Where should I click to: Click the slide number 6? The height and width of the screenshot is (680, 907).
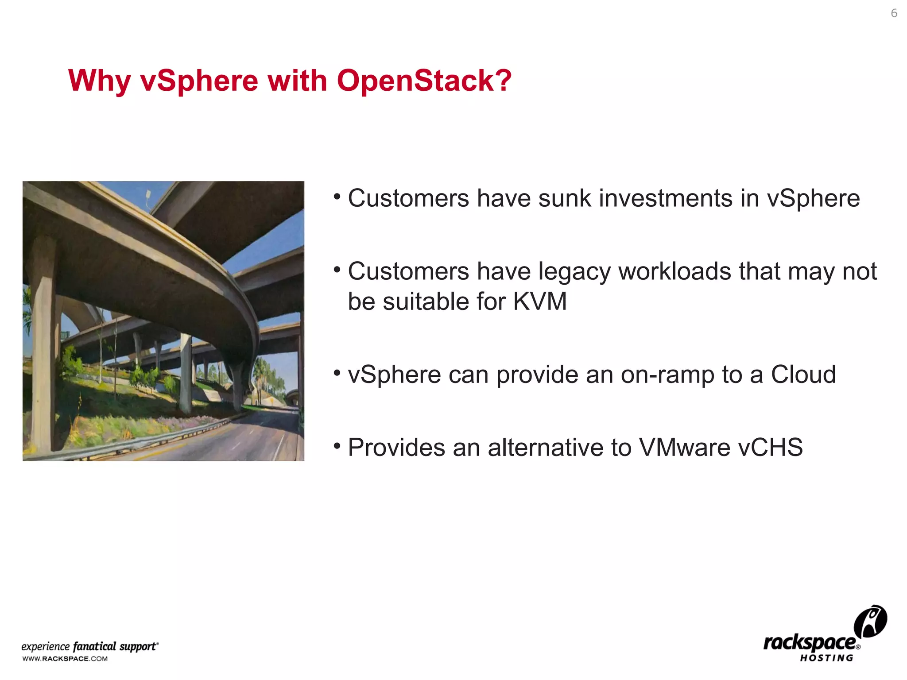coord(894,13)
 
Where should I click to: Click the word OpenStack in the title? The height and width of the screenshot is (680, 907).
coord(424,81)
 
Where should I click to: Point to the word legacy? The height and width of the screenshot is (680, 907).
coord(574,272)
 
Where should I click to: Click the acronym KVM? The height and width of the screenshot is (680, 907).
coord(540,301)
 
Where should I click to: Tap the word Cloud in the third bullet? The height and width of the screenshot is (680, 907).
coord(803,375)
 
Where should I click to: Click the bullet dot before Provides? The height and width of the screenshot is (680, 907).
coord(337,445)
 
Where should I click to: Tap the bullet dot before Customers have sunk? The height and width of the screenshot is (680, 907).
coord(337,196)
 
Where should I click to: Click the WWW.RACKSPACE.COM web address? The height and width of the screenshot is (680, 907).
coord(65,659)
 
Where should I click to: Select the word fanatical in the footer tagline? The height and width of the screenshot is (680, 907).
coord(94,646)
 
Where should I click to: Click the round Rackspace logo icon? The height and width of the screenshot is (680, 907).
coord(870,622)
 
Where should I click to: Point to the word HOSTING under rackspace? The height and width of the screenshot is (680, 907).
coord(826,658)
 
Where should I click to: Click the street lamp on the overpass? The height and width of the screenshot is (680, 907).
coord(148,195)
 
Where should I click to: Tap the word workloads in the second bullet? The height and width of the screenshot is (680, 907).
coord(674,271)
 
